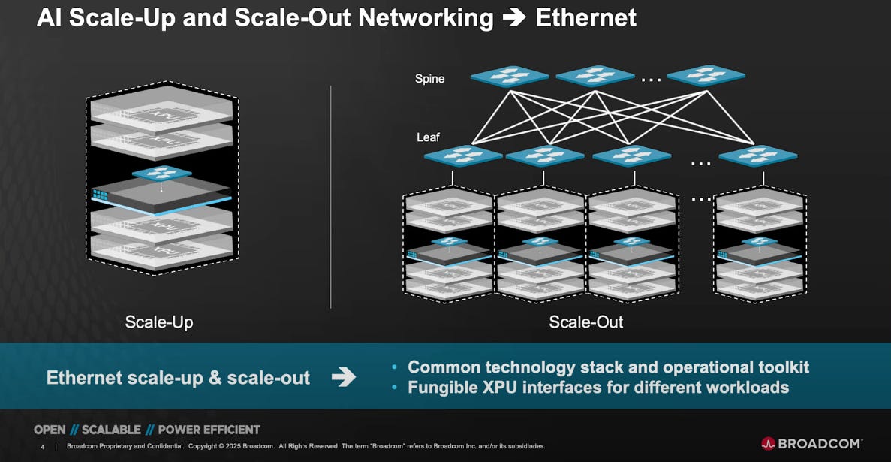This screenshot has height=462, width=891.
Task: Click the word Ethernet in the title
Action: (585, 17)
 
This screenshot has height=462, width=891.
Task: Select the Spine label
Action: (429, 78)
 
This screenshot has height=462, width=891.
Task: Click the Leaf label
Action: (428, 137)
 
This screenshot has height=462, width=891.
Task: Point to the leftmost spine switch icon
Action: (510, 76)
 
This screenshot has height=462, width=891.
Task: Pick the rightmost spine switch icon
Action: (706, 75)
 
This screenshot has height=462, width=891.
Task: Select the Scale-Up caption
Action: (158, 322)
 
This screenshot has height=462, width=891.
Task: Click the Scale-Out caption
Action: (586, 322)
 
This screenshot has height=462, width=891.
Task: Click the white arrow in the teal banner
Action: (344, 377)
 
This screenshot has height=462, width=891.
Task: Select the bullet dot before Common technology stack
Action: (396, 368)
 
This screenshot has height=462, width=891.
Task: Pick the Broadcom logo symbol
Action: (768, 443)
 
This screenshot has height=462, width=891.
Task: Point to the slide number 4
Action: (43, 446)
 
